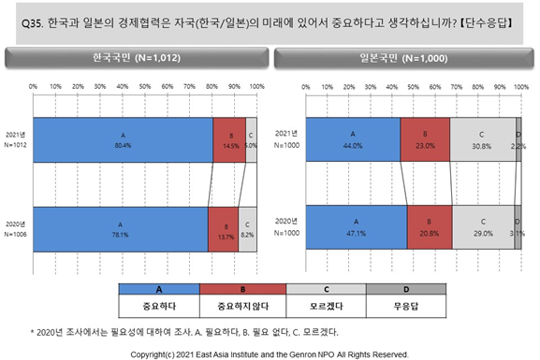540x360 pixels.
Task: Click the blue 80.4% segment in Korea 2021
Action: click(123, 139)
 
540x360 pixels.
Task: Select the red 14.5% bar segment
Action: click(229, 139)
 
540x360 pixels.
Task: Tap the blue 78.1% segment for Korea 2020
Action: click(121, 229)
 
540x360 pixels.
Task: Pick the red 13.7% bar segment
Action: click(223, 229)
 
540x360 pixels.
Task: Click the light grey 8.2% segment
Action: click(247, 229)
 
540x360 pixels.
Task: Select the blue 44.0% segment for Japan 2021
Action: click(353, 139)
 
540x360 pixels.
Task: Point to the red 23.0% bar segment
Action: click(425, 139)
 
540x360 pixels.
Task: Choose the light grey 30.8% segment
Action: click(483, 139)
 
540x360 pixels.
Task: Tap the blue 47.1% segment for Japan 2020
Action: click(357, 227)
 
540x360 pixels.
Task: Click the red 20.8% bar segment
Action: click(430, 227)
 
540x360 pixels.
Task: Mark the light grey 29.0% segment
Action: click(483, 227)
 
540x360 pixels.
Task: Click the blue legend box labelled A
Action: click(159, 289)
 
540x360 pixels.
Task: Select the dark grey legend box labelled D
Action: click(406, 289)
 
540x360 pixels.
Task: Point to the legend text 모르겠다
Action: click(326, 306)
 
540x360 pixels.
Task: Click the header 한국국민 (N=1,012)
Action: click(137, 57)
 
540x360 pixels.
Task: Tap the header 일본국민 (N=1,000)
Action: click(403, 58)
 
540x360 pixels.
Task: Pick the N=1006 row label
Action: click(16, 235)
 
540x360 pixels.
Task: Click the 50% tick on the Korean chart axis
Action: click(145, 86)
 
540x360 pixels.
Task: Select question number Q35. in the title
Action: click(33, 23)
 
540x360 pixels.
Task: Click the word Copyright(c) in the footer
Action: click(153, 354)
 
